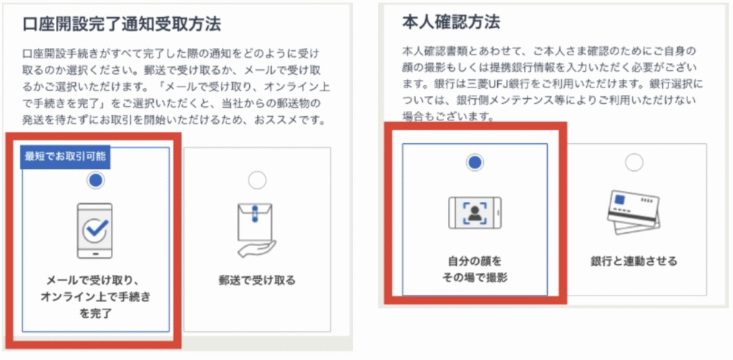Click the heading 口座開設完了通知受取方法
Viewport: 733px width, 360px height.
pyautogui.click(x=122, y=24)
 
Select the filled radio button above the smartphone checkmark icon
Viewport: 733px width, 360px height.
pyautogui.click(x=96, y=181)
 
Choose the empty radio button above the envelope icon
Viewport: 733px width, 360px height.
pyautogui.click(x=257, y=180)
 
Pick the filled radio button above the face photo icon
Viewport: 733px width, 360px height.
pyautogui.click(x=475, y=162)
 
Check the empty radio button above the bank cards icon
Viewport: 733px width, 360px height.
pyautogui.click(x=634, y=162)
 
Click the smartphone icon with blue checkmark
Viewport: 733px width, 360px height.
pyautogui.click(x=94, y=230)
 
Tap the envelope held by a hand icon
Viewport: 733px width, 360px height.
pyautogui.click(x=256, y=230)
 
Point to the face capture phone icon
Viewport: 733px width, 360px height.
pyautogui.click(x=475, y=213)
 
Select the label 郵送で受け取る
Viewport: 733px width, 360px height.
pyautogui.click(x=257, y=281)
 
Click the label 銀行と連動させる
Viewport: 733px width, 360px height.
pyautogui.click(x=634, y=261)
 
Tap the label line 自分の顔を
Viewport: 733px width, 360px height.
pyautogui.click(x=475, y=261)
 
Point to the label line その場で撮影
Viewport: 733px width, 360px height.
pyautogui.click(x=475, y=278)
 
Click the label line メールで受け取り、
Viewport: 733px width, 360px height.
pyautogui.click(x=95, y=281)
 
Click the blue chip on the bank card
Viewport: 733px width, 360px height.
pyautogui.click(x=620, y=200)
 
